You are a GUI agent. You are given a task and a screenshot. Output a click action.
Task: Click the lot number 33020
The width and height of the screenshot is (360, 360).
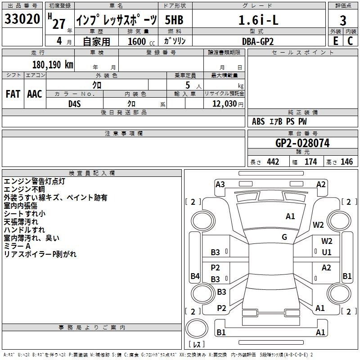[22, 19]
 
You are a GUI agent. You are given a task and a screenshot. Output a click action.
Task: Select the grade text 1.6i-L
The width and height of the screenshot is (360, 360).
[258, 20]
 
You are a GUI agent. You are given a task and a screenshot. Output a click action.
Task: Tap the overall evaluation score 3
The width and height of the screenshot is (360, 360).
[343, 21]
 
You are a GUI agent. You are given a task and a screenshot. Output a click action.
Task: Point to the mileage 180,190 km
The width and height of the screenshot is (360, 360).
[53, 65]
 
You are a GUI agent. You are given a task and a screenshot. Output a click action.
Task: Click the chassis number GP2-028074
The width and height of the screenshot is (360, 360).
[302, 143]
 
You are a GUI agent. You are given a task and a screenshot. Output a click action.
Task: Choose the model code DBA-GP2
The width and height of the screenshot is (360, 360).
[258, 41]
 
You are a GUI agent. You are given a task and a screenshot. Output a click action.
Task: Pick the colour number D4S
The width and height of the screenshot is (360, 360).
[75, 104]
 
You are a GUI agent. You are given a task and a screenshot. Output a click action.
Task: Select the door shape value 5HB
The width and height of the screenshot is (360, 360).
[174, 20]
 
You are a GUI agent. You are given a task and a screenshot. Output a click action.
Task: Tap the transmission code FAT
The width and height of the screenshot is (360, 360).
[13, 94]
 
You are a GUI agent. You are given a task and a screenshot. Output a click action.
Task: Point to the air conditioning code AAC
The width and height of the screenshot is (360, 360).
[35, 94]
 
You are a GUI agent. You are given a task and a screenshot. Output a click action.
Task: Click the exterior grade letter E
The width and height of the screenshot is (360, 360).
[335, 41]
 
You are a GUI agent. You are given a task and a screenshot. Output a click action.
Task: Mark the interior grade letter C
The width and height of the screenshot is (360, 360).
[350, 41]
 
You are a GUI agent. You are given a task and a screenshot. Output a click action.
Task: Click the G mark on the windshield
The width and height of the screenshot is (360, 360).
[284, 237]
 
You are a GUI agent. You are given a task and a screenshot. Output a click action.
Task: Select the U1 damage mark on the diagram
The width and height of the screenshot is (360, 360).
[327, 252]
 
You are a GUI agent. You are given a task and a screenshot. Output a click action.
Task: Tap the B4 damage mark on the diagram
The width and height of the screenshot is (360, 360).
[195, 276]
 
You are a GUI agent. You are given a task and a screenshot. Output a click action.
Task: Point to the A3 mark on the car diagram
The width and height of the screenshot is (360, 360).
[220, 184]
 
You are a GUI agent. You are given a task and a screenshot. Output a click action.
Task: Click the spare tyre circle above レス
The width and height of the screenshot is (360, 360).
[197, 328]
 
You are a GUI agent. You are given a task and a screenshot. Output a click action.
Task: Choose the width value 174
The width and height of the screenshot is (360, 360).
[310, 162]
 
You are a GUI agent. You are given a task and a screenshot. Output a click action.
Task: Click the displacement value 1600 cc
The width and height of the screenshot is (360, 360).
[141, 41]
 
